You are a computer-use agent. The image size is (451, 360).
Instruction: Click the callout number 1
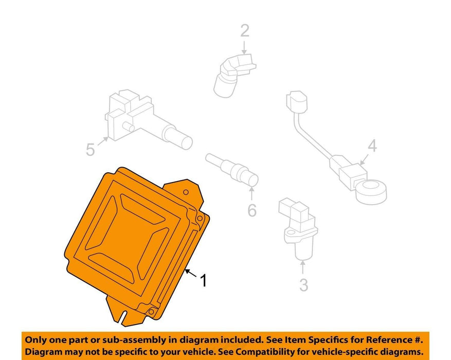coord(203,280)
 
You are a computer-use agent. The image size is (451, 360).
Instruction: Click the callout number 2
coord(244,31)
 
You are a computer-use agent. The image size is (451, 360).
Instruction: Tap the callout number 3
coord(304,285)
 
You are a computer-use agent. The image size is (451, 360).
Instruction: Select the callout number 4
coord(372,146)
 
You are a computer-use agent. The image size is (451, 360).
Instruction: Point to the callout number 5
coord(91,150)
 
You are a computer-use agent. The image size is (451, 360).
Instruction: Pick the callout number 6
coord(252,210)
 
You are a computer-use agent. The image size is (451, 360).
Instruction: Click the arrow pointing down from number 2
coord(244,47)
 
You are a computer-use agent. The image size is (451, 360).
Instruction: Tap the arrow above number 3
coord(302,266)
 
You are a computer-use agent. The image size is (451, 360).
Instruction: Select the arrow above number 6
coord(251,193)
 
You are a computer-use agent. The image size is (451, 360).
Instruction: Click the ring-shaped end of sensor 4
coord(371,191)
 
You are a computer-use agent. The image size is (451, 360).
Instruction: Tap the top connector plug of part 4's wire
coord(297,101)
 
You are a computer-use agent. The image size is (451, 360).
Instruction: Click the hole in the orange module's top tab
coord(186,192)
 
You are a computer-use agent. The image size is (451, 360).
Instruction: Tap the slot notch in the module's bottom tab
coord(124,317)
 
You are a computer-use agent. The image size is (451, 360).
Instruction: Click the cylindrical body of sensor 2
coord(225,84)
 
